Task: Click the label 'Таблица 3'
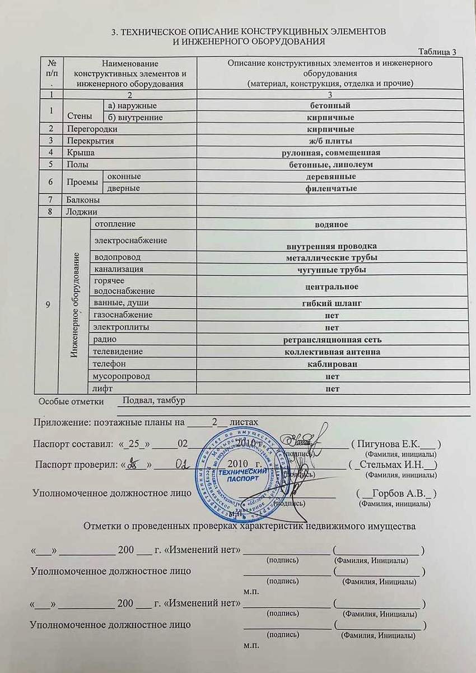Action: tap(437, 52)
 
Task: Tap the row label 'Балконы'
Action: tap(83, 200)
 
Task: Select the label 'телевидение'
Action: tap(118, 352)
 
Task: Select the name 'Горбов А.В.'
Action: tap(398, 493)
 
